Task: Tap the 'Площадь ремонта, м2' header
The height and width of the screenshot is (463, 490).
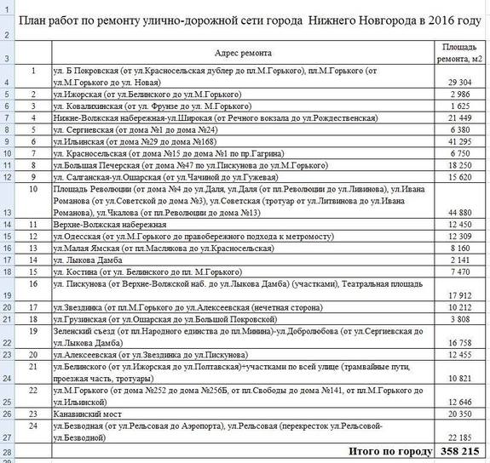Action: tap(461, 53)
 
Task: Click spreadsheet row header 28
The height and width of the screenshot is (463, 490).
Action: tap(8, 450)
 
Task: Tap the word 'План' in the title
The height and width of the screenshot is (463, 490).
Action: tap(37, 20)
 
